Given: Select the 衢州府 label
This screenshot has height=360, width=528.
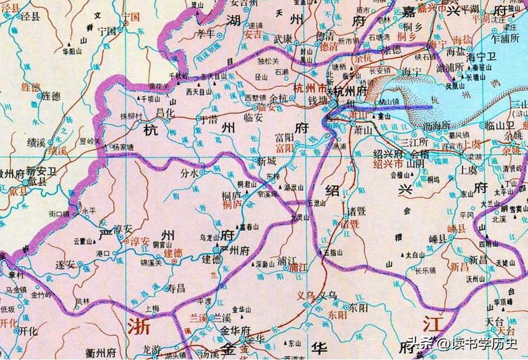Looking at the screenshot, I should click(101, 353).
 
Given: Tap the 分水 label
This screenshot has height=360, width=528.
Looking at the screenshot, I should click(190, 173).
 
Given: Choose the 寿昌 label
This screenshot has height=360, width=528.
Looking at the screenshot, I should click(175, 288).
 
